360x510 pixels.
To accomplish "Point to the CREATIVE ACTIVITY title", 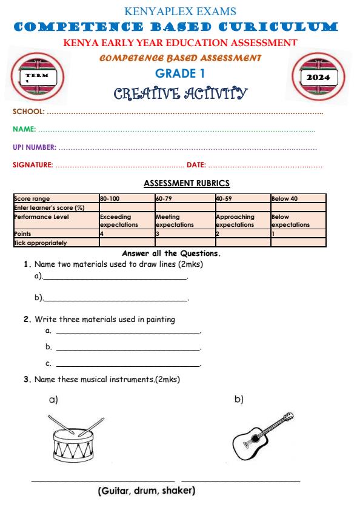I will [180, 93].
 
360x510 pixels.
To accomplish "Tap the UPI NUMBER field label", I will [35, 147].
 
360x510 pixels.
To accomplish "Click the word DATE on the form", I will [196, 164].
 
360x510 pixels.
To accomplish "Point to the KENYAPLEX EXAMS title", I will [179, 12].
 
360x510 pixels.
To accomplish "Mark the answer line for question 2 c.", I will [127, 366].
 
